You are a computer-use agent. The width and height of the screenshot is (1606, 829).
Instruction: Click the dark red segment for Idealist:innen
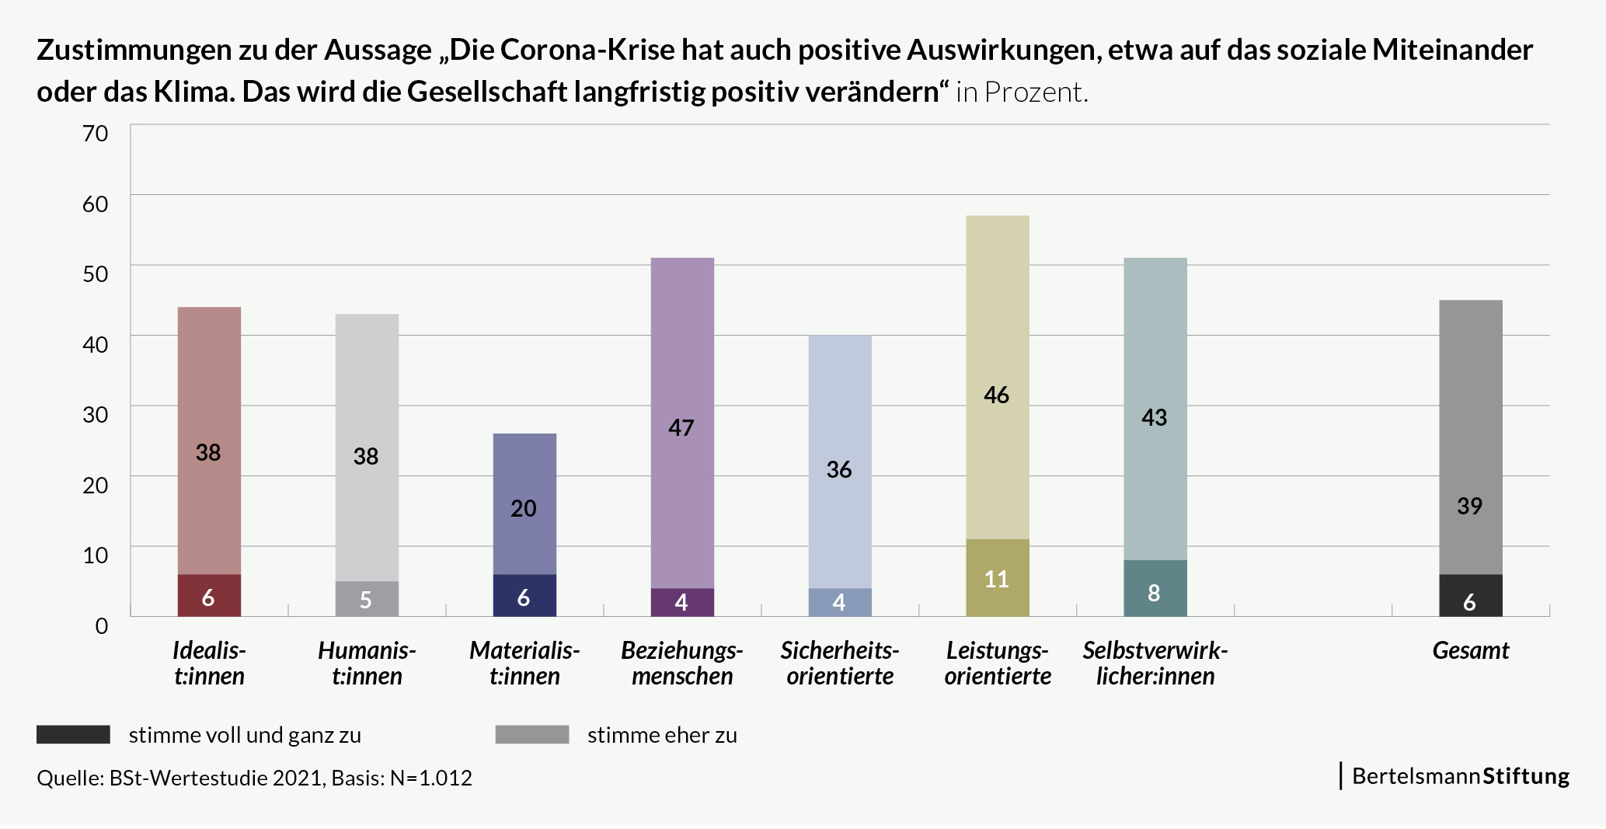[x=209, y=596]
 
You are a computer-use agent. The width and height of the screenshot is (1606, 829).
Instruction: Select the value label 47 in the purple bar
[x=681, y=427]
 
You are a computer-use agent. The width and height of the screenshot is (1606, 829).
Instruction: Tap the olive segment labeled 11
[x=997, y=578]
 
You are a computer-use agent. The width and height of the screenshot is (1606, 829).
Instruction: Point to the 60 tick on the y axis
[x=96, y=204]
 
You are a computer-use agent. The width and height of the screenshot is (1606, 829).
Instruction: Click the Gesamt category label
[x=1470, y=650]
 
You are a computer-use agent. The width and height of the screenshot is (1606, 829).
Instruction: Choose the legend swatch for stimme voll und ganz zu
[x=73, y=734]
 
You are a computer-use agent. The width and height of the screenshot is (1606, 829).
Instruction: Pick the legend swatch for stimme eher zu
[x=532, y=734]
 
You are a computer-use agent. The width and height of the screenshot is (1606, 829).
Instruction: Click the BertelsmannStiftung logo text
[x=1460, y=776]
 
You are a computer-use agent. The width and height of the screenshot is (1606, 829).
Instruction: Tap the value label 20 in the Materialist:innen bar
[x=524, y=508]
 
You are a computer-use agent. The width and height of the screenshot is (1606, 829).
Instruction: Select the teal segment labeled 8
[x=1155, y=589]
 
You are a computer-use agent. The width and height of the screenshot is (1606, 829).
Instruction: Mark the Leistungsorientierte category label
[x=998, y=663]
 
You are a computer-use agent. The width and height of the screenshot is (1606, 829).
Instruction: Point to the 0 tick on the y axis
[x=102, y=625]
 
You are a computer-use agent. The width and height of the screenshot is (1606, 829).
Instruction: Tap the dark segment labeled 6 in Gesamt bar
[x=1470, y=596]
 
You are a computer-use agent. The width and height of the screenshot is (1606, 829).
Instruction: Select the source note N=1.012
[x=431, y=778]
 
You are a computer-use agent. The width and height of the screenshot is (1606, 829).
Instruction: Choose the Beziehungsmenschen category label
[x=681, y=663]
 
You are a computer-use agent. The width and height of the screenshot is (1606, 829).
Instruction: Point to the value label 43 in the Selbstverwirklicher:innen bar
[x=1155, y=417]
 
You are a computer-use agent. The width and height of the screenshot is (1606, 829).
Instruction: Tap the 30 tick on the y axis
[x=96, y=414]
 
